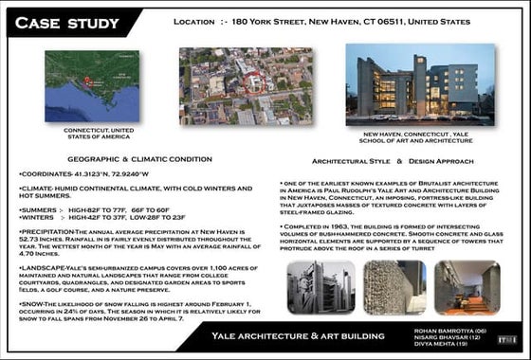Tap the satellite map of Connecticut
(91, 86)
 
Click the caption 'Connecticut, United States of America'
(91, 133)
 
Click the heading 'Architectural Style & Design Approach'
(378, 162)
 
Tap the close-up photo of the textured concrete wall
(393, 288)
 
